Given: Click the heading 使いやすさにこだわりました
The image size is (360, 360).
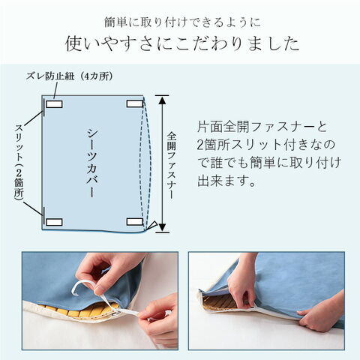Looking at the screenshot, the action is click(182, 44).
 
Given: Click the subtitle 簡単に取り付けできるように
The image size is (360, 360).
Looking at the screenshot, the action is click(182, 22).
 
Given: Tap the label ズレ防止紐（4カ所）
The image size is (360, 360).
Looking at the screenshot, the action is click(69, 76).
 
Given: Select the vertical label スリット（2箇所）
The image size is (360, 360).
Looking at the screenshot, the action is click(19, 162).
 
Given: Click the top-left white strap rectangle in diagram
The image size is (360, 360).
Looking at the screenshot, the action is click(54, 104).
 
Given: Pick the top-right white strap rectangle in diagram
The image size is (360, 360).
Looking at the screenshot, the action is click(135, 103).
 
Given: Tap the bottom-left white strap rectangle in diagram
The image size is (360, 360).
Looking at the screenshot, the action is click(54, 222).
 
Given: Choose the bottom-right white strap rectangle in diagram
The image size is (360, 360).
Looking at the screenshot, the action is click(135, 222).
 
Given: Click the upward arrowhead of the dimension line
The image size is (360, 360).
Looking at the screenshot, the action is click(163, 100).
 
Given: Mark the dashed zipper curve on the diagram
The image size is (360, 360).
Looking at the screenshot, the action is click(148, 163).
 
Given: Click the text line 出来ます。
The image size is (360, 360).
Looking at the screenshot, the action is click(227, 181).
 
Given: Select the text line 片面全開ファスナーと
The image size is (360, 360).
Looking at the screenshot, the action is click(262, 127).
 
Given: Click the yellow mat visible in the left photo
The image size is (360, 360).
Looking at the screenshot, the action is click(82, 311).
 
